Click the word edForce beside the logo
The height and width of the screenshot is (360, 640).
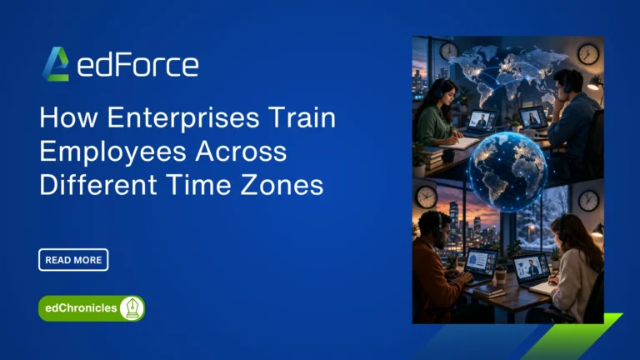(137, 65)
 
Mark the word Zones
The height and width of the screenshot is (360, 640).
(282, 184)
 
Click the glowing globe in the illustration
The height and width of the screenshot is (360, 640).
(507, 171)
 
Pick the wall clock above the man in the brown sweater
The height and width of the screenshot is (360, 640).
(427, 197)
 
